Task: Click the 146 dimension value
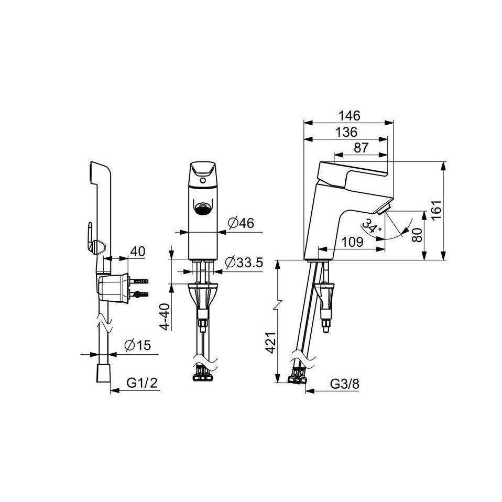[350, 116]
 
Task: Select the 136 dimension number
[346, 132]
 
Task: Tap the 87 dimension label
[362, 148]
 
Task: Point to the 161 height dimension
[436, 210]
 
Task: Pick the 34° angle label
[372, 226]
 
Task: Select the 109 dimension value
[353, 242]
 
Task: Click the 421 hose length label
[271, 343]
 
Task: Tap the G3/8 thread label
[344, 384]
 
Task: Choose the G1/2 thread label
[143, 383]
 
